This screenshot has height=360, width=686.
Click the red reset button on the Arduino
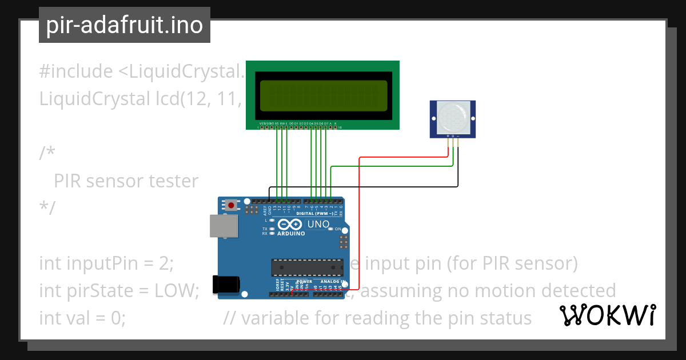231,205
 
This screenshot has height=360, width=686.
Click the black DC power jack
224,285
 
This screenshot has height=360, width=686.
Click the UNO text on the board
318,224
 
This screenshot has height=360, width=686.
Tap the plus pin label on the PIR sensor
448,136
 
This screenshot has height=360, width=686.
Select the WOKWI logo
608,315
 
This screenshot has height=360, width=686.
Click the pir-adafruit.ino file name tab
125,25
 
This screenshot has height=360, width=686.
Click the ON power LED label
338,229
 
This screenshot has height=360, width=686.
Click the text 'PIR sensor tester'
126,181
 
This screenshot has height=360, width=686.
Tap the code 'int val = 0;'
82,317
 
